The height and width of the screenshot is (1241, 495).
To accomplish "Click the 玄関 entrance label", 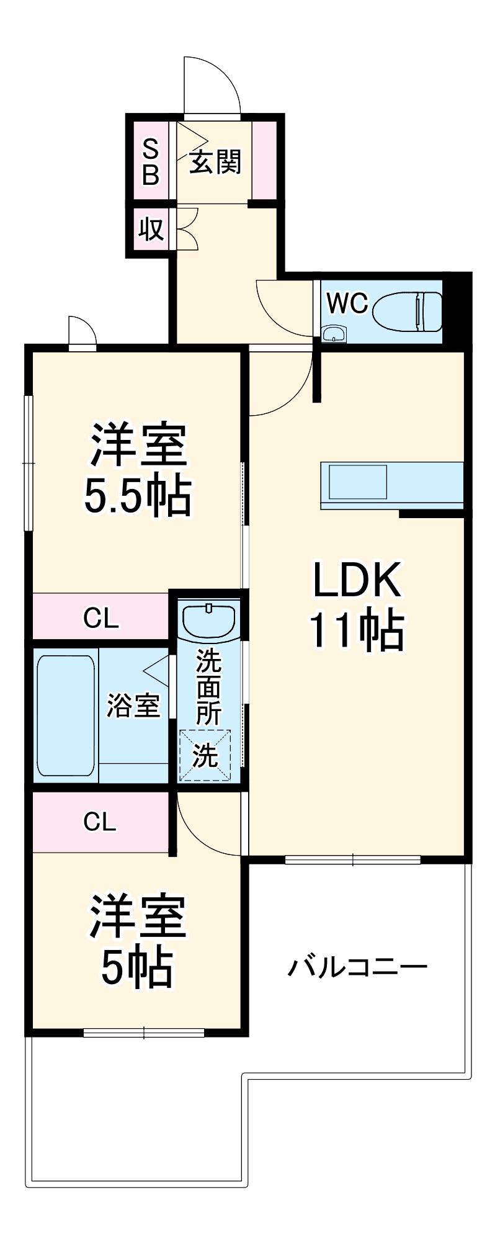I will tap(215, 162).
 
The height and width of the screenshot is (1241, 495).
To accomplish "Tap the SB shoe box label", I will tap(151, 162).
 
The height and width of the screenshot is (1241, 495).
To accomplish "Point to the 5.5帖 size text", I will tap(138, 497).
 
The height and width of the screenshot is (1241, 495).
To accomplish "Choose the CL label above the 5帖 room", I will tap(100, 822).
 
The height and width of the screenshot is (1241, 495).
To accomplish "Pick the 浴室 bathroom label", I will tap(133, 706).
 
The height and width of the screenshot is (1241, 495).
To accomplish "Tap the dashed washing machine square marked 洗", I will tap(205, 755).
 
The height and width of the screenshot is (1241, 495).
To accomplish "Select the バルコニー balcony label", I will tap(357, 967).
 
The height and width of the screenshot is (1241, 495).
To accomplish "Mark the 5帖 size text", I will tap(138, 967).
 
